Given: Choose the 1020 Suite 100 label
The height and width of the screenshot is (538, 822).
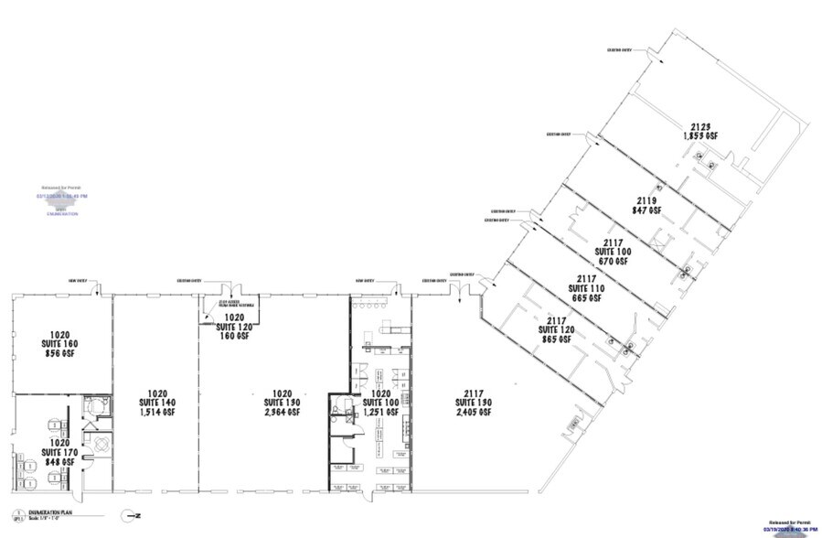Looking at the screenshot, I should (381, 403).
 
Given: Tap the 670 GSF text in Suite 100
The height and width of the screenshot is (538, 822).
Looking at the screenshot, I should (614, 260).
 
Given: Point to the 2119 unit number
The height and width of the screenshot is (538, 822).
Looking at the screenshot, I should (647, 199).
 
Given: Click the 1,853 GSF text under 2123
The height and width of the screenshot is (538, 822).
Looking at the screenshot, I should (700, 136).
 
